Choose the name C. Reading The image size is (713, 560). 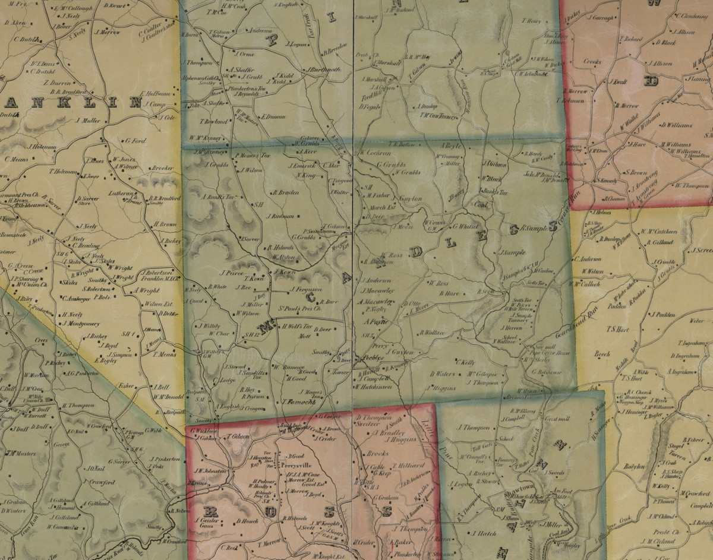coord(85,245)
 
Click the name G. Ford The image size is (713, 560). coord(135,141)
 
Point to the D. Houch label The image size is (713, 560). coord(246,521)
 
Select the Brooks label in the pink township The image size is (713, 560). coord(377,453)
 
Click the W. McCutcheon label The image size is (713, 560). coord(658,232)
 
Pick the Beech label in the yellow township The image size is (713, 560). coord(602,354)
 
